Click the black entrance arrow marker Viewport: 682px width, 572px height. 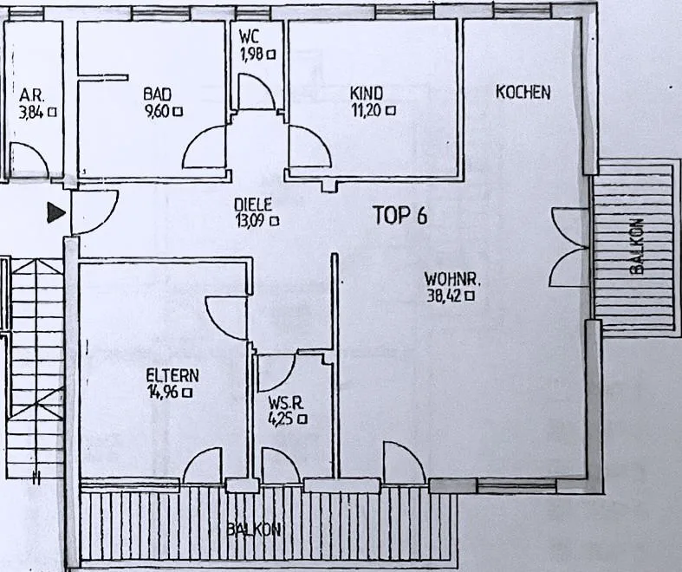56,212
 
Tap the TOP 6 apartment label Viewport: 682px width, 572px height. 400,215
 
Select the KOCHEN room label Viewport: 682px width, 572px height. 523,92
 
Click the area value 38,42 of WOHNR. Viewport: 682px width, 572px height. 444,296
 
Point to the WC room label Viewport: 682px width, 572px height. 249,36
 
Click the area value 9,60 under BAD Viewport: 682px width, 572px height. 158,111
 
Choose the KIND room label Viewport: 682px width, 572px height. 367,93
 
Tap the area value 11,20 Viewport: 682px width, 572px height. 367,110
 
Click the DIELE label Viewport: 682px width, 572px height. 253,205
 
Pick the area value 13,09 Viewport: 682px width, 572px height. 251,221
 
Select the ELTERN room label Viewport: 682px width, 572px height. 172,375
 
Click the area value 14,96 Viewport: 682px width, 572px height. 163,393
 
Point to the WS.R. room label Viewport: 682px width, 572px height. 286,403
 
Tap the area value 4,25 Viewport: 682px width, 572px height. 283,419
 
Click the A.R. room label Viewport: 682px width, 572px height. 32,95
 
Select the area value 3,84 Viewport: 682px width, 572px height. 31,112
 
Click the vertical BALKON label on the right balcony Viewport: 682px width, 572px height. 636,246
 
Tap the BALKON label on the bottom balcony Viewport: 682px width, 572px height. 254,530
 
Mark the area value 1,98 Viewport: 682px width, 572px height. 252,54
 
